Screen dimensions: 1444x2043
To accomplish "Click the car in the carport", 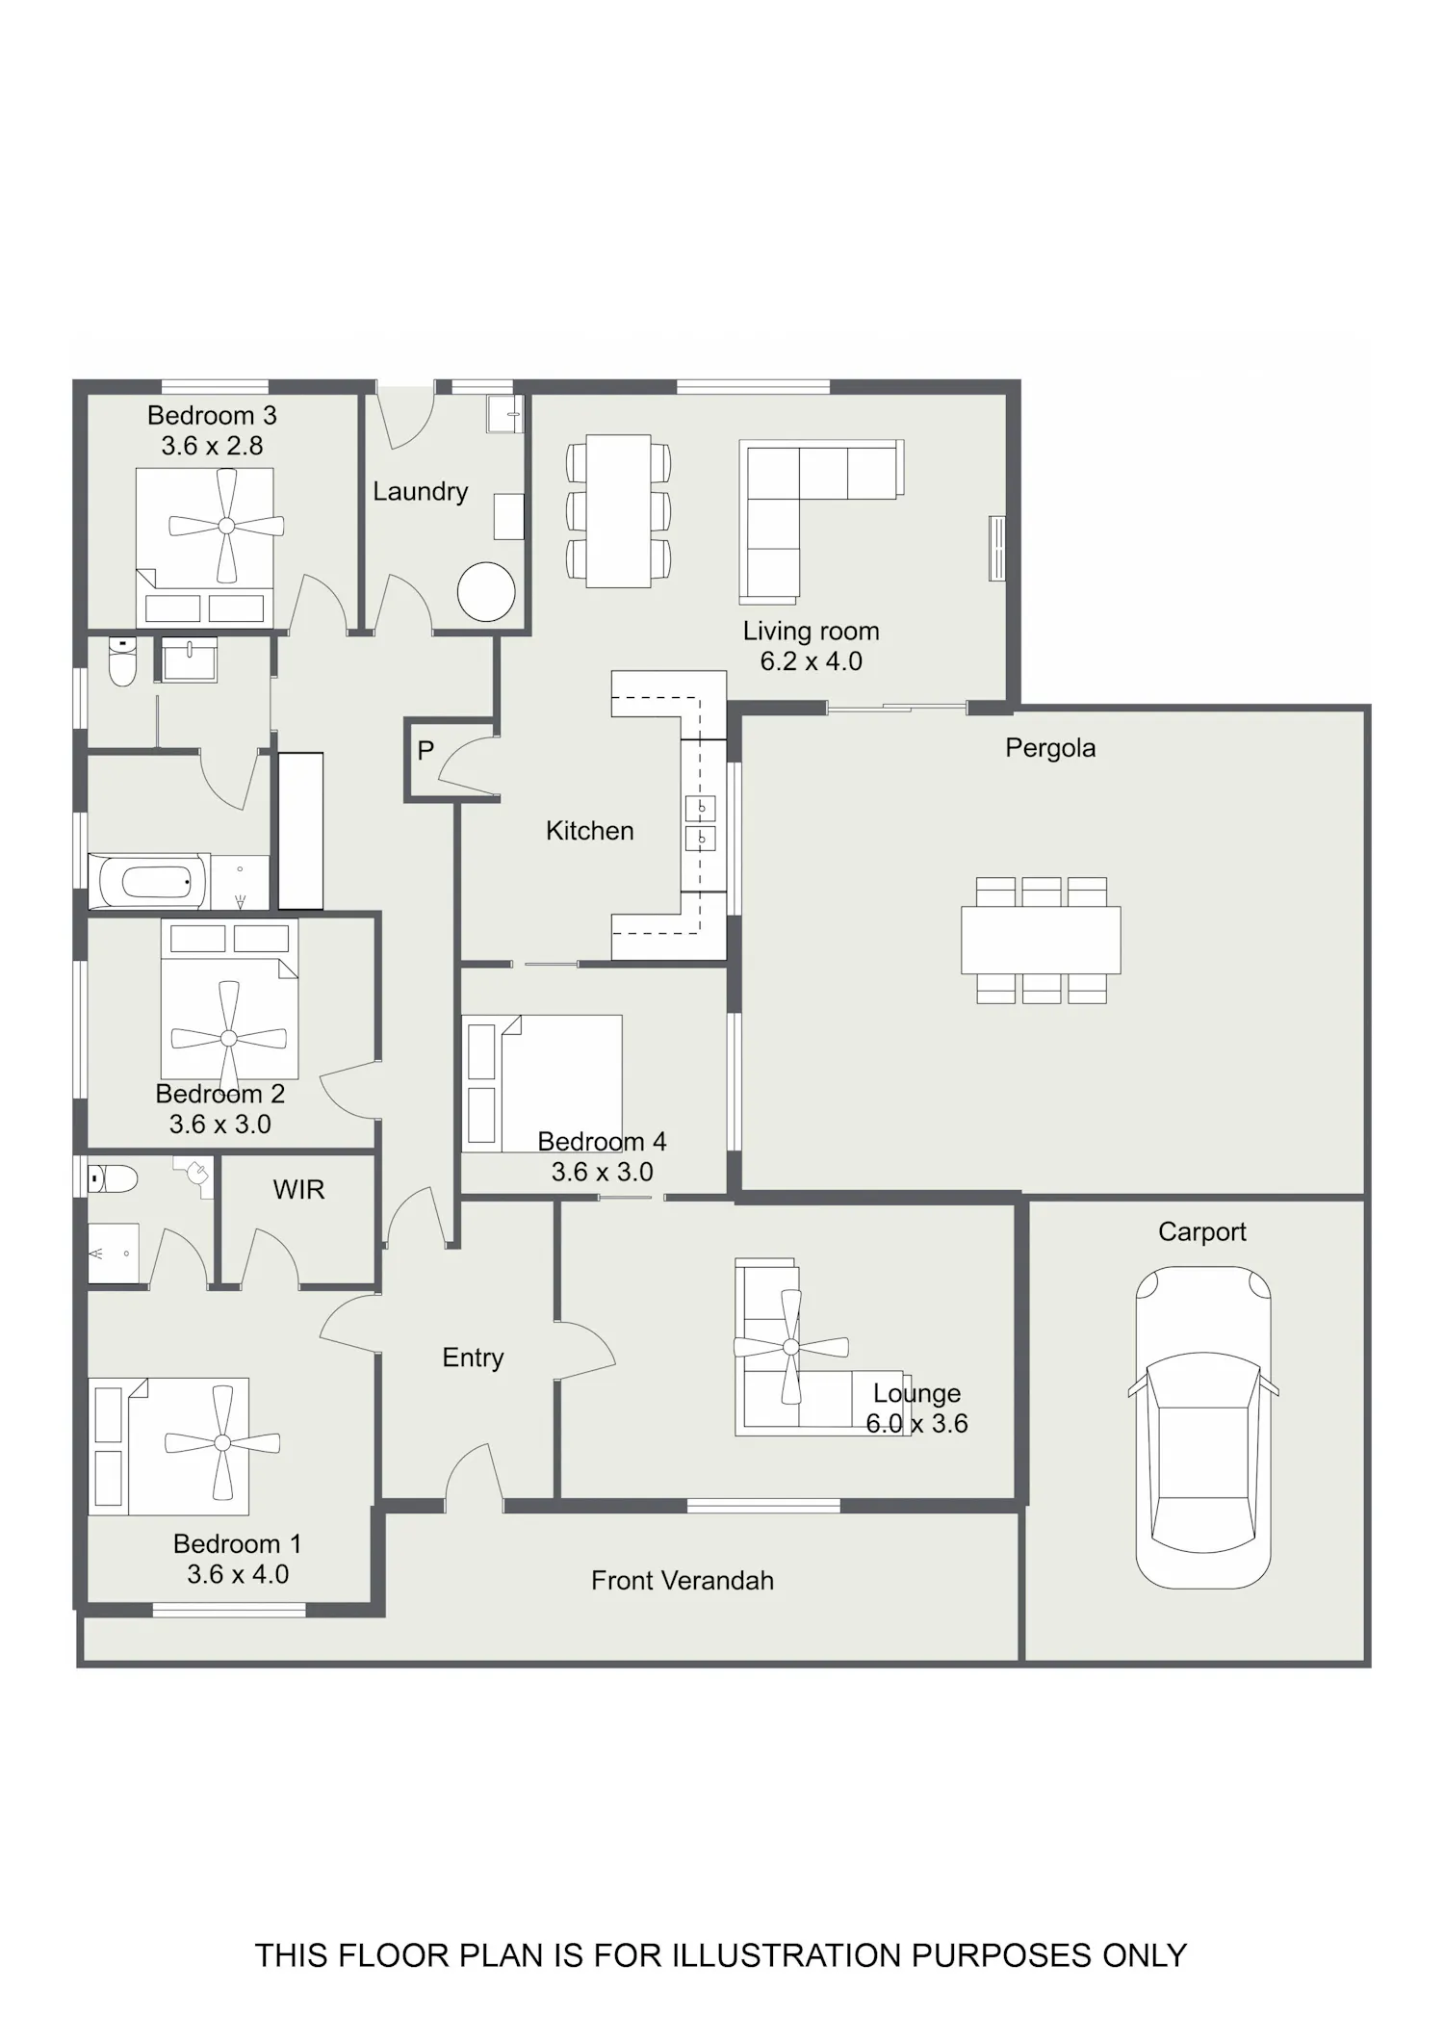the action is tap(1203, 1428).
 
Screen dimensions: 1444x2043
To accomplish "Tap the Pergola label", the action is tap(1050, 748).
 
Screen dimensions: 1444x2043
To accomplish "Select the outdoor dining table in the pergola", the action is tap(1041, 940).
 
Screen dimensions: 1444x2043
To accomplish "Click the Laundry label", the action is tap(421, 492).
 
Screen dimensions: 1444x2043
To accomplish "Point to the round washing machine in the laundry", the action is tap(486, 591).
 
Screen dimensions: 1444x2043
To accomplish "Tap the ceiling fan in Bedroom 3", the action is tap(226, 526).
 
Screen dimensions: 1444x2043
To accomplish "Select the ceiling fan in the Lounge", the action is tap(790, 1347).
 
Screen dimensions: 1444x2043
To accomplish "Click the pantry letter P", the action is tap(425, 750).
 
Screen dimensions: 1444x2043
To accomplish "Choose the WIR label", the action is tap(298, 1190).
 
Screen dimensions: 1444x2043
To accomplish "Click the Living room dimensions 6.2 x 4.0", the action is tap(812, 661).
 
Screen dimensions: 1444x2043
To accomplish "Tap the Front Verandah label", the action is tap(683, 1580).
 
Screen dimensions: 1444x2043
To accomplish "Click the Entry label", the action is tap(473, 1358).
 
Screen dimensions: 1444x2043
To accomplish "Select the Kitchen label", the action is tap(590, 831).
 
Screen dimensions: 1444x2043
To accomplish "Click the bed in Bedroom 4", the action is tap(542, 1083).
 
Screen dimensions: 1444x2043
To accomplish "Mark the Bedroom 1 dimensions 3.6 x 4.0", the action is tap(238, 1574).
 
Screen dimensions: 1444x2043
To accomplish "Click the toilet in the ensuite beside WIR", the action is tap(113, 1178).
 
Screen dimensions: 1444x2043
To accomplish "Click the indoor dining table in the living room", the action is tap(619, 511).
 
